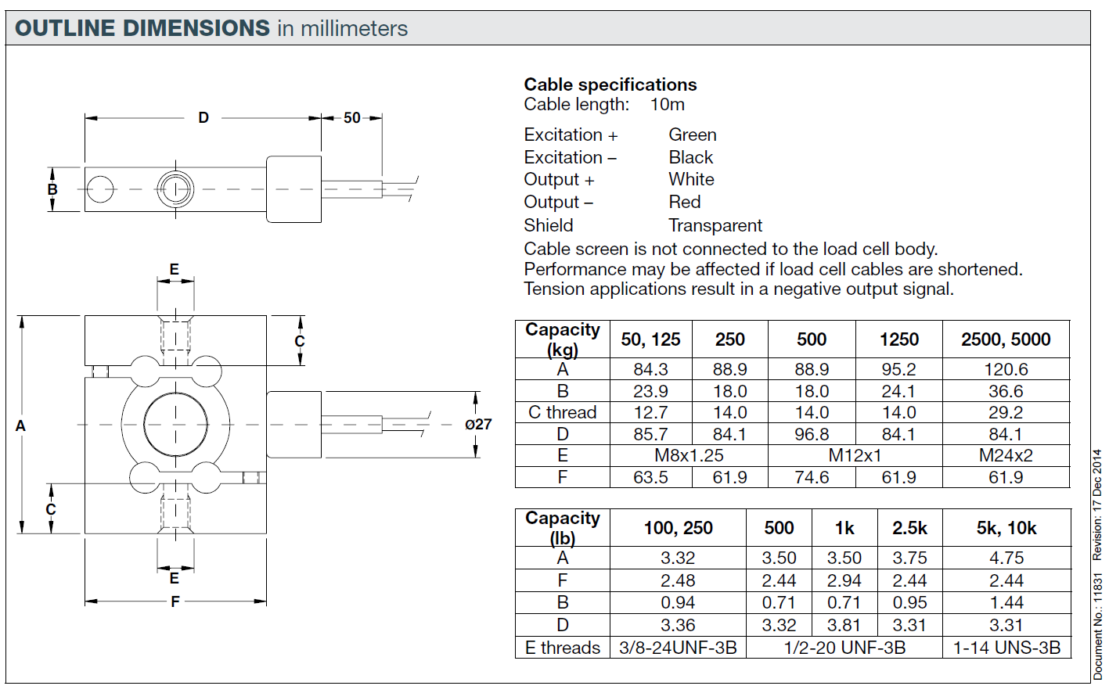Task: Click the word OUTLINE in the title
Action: coord(64,28)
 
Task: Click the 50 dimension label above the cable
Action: coord(352,118)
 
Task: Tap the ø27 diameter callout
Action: coord(478,424)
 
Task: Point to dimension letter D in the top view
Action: coord(203,118)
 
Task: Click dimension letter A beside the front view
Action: coord(20,425)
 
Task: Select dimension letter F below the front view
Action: coord(175,601)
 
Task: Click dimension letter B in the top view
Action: coord(52,189)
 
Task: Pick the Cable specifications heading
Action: coord(610,84)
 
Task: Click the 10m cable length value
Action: coord(668,105)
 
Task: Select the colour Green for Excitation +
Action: coord(693,135)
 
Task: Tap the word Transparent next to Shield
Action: coord(715,225)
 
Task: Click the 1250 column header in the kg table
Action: coord(898,339)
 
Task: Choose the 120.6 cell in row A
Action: coord(1006,369)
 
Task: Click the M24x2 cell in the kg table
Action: coord(1006,455)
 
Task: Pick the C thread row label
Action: coord(562,412)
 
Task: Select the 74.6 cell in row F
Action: coord(811,477)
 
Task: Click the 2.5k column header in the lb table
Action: coord(909,528)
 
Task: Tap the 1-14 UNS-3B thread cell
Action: coord(1006,648)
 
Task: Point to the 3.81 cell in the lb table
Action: coord(844,625)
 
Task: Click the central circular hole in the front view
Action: coord(175,424)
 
